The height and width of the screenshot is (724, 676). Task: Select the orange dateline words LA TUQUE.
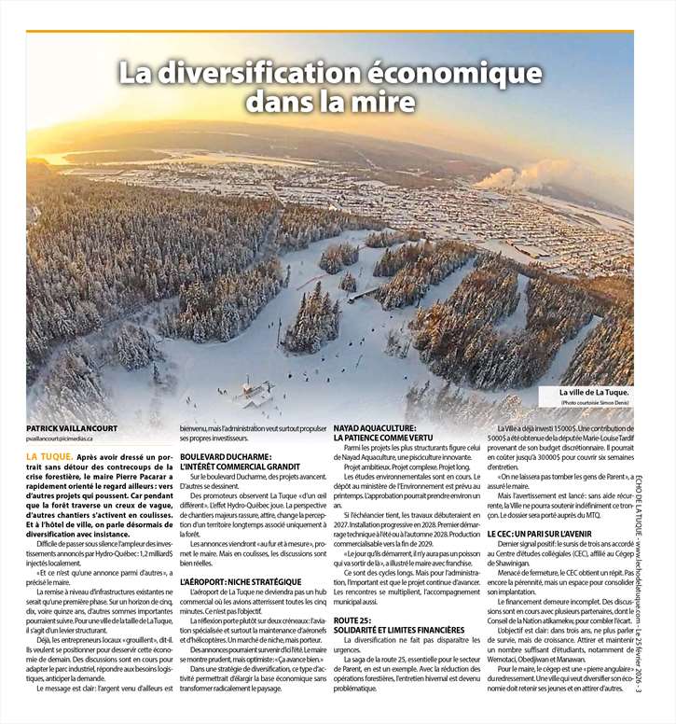(49, 456)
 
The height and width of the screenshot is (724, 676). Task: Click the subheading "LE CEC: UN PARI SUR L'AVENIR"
(539, 533)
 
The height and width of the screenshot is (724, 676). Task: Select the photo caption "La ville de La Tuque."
(595, 393)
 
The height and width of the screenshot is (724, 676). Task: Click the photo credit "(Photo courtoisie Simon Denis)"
(595, 402)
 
